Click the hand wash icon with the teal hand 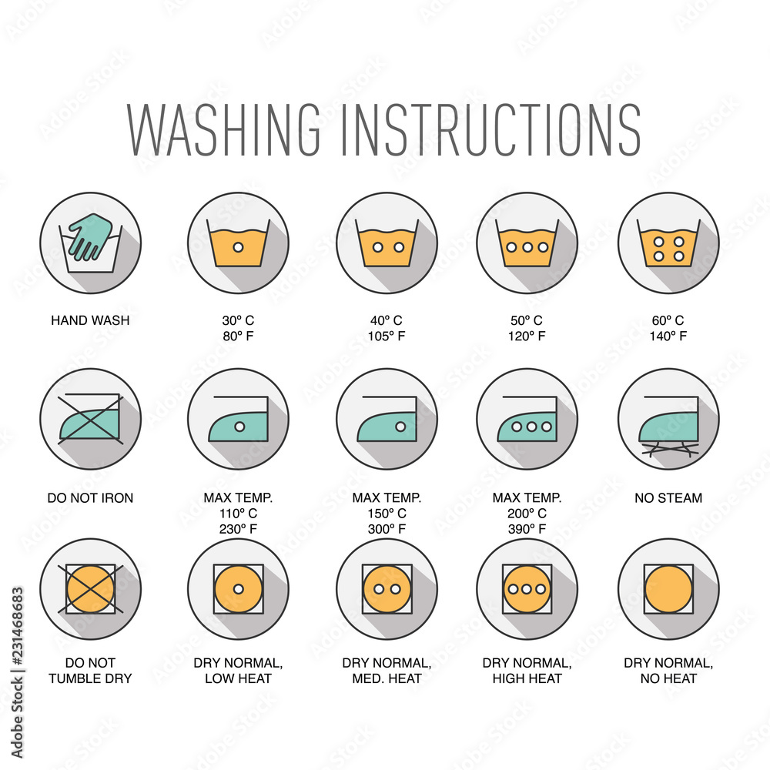[x=90, y=243]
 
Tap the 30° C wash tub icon [x=238, y=243]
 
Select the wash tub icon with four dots [x=668, y=243]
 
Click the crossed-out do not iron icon [x=90, y=419]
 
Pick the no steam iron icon [x=668, y=419]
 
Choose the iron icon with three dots [x=527, y=419]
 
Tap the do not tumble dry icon [x=90, y=589]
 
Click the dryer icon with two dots [x=387, y=589]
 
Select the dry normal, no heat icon [x=668, y=589]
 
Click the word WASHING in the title [x=224, y=129]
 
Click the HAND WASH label [x=90, y=320]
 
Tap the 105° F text [x=387, y=336]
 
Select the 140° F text [x=668, y=336]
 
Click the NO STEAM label [x=668, y=498]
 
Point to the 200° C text [x=527, y=513]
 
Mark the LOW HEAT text [x=238, y=678]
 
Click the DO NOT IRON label [x=90, y=498]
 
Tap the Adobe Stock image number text [x=17, y=673]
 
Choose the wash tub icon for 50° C [x=527, y=243]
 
